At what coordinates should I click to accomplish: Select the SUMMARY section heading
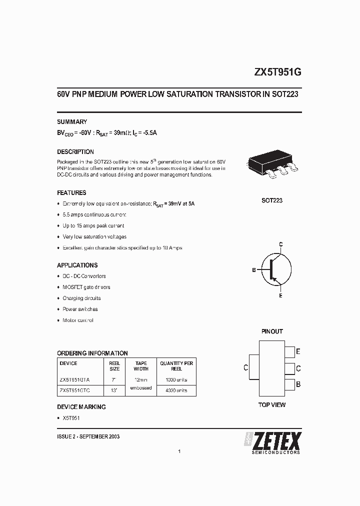pos(72,121)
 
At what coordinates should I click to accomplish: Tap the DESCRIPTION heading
pos(75,151)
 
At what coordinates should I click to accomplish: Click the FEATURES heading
pos(71,192)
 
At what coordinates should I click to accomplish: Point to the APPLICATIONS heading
pos(77,265)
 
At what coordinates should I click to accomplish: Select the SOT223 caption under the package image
pos(272,200)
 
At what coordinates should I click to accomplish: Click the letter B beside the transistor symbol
pos(254,270)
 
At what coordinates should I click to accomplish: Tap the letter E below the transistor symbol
pos(280,296)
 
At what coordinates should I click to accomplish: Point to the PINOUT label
pos(272,331)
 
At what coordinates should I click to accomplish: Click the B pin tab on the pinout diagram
pos(289,384)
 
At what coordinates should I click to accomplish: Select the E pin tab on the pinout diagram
pos(289,352)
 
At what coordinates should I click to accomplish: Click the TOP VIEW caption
pos(272,404)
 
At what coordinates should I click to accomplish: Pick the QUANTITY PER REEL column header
pos(176,366)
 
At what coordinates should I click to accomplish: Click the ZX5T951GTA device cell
pos(75,380)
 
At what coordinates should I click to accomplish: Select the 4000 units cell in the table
pos(176,390)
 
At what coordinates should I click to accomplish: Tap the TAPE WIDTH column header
pos(141,366)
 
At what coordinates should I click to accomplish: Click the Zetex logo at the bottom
pos(272,442)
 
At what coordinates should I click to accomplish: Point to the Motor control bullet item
pos(78,320)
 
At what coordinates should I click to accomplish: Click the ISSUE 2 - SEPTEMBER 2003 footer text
pos(88,436)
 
